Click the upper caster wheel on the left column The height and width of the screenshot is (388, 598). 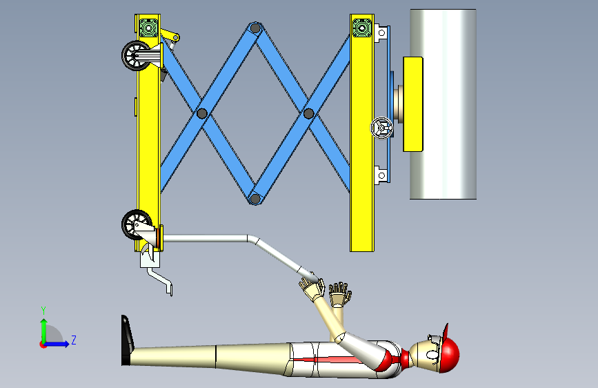[135, 56]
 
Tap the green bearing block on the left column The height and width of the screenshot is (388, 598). [148, 28]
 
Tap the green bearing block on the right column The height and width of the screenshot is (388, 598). [362, 28]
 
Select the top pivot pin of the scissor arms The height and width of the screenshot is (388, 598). [255, 28]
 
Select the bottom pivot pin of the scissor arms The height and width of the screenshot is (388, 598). [255, 199]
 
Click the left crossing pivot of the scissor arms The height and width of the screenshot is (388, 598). [202, 113]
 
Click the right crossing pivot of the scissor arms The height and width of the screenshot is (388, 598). [308, 113]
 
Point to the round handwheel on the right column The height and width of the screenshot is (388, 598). [381, 128]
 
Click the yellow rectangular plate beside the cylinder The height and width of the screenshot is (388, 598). [413, 104]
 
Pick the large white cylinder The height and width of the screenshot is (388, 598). [443, 104]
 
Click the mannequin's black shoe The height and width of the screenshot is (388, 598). [127, 340]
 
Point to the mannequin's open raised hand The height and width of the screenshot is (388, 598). [340, 293]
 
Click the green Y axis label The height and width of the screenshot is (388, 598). [43, 311]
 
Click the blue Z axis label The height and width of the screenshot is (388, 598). [74, 340]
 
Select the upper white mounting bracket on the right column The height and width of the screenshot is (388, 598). [381, 33]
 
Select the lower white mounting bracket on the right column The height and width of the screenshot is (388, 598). [381, 175]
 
